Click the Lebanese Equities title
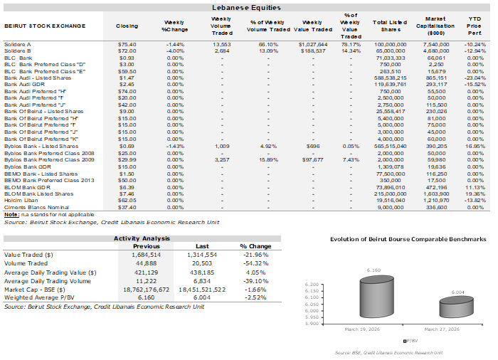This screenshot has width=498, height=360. point(245,7)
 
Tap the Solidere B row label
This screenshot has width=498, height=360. point(18,51)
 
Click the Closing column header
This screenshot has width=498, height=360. point(127,26)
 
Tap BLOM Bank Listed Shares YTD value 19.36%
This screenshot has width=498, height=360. point(477,194)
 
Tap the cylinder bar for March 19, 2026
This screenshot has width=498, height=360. point(376,300)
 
